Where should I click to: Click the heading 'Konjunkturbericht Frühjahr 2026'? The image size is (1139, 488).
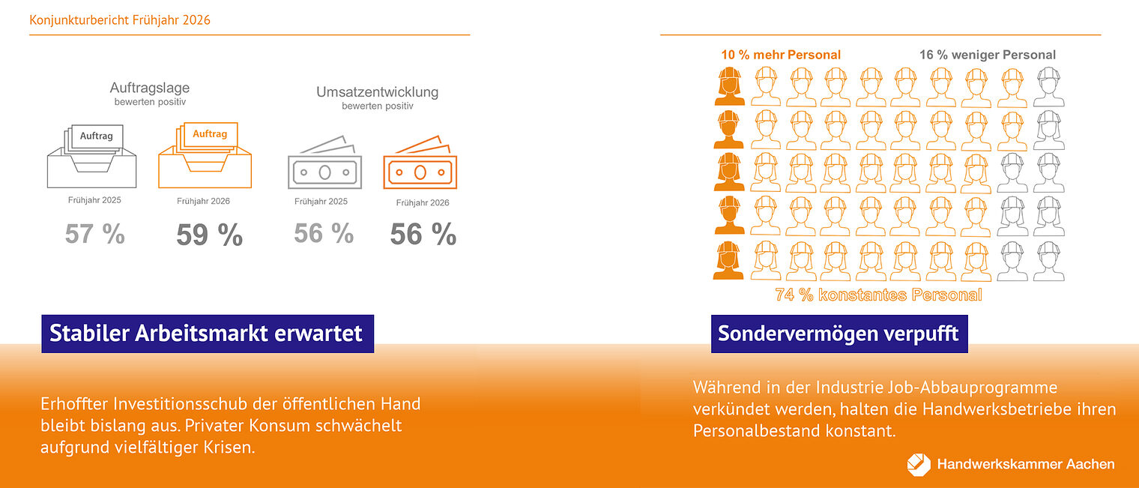point(120,20)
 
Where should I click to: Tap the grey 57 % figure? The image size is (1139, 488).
point(94,235)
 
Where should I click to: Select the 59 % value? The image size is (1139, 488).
point(210,235)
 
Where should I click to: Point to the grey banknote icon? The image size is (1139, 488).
point(324,164)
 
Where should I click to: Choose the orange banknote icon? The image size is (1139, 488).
point(420,164)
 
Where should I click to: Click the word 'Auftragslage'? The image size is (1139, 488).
point(150,88)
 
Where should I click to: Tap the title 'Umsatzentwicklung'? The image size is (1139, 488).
point(377,93)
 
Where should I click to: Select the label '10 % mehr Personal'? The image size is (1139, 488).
point(781,55)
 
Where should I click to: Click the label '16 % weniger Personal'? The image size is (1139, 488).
point(988,55)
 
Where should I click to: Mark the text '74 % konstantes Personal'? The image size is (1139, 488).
point(878,295)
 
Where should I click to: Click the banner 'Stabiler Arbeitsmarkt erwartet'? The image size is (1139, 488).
point(207,333)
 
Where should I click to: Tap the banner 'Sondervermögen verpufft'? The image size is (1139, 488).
point(839,333)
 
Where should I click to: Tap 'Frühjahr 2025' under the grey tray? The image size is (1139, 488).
point(94,201)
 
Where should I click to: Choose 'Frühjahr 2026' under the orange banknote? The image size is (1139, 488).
point(423,202)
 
